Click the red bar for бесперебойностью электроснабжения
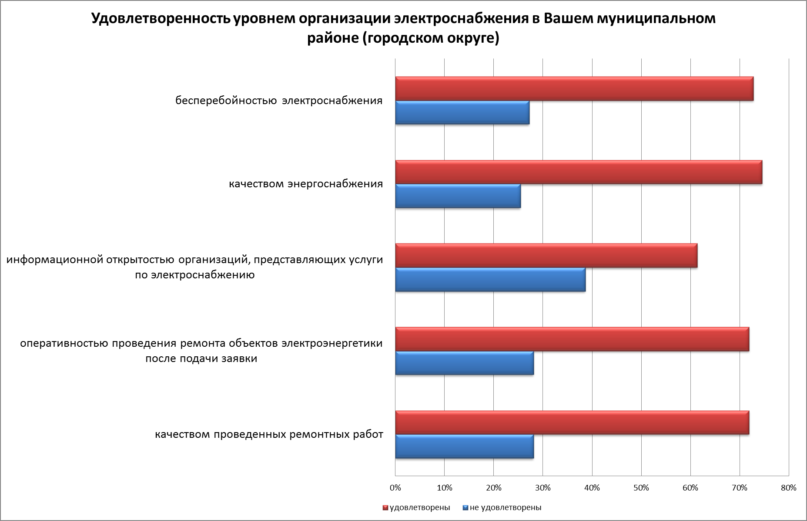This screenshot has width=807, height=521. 574,89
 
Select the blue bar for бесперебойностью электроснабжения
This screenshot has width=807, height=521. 462,113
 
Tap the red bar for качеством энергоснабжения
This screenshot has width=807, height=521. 579,172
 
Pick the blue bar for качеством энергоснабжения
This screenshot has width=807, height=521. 458,196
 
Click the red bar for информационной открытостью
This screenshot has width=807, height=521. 546,256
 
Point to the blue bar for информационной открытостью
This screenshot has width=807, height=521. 490,280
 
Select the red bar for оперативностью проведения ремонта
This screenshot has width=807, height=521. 572,339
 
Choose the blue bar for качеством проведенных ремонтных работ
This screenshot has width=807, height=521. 464,447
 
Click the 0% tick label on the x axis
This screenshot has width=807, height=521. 395,488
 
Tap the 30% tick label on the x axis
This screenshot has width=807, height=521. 542,488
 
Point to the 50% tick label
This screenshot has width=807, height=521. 641,488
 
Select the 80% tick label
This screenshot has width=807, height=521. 789,488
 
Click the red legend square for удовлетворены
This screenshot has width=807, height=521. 385,508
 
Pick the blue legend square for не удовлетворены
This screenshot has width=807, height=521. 465,508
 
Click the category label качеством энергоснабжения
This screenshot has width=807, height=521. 306,184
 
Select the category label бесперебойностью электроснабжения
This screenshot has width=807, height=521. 279,101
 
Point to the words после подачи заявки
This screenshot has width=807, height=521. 201,359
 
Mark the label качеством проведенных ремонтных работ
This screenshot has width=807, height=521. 269,435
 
